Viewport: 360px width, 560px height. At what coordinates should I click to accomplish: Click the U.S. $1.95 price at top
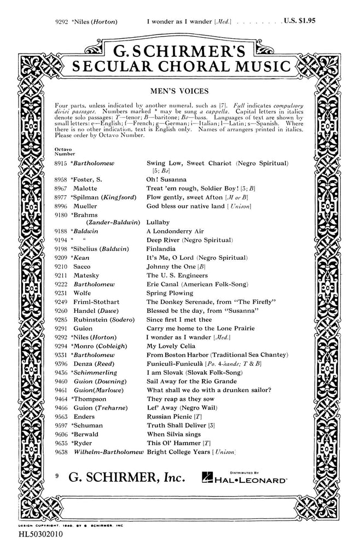[x=300, y=21]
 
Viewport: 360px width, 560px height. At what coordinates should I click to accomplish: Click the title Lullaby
[x=158, y=223]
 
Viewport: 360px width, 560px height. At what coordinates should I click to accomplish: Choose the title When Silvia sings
[x=175, y=434]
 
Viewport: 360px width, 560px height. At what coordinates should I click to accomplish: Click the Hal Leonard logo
[x=243, y=478]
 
